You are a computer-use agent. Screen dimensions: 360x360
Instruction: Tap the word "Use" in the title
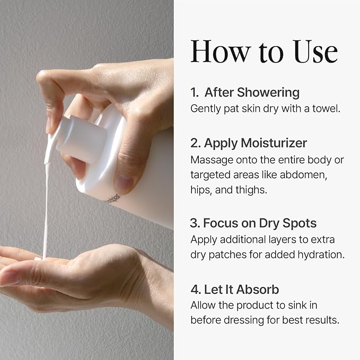coord(315,51)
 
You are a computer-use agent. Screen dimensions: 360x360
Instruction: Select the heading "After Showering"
coord(252,92)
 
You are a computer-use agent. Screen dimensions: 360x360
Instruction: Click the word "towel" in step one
coord(326,108)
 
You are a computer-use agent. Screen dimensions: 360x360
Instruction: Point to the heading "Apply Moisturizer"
coord(256,143)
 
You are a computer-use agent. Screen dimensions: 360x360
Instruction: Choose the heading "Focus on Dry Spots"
coord(260,223)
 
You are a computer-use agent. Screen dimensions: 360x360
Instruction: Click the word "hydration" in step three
coord(321,254)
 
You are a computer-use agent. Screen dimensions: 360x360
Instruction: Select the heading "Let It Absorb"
coord(241,289)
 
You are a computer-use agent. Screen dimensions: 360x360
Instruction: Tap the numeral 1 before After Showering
coord(194,93)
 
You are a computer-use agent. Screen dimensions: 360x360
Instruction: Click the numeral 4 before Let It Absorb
coord(195,289)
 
